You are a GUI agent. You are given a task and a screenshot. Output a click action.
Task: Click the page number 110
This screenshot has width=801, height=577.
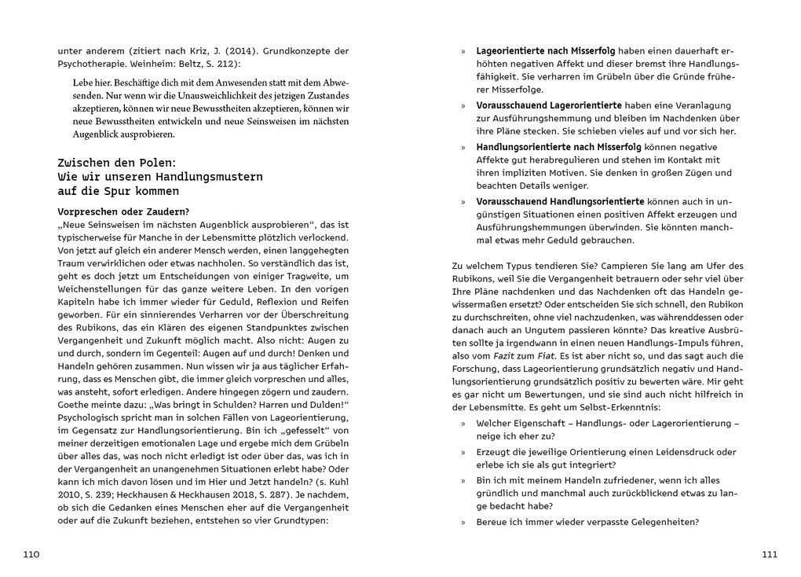(31, 554)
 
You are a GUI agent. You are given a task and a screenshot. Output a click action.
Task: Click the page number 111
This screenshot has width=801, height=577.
(769, 554)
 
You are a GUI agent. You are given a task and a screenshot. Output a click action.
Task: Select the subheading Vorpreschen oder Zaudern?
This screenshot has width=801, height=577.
(123, 211)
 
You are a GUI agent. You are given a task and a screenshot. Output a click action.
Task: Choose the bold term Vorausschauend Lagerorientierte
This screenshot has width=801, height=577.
(549, 105)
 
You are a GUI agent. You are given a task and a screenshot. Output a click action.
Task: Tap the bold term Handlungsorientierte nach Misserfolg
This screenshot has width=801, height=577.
(559, 146)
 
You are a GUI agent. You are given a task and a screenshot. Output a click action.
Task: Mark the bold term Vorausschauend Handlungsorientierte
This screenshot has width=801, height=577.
(561, 201)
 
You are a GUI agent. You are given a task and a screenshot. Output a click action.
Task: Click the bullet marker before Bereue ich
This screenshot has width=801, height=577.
(463, 523)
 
